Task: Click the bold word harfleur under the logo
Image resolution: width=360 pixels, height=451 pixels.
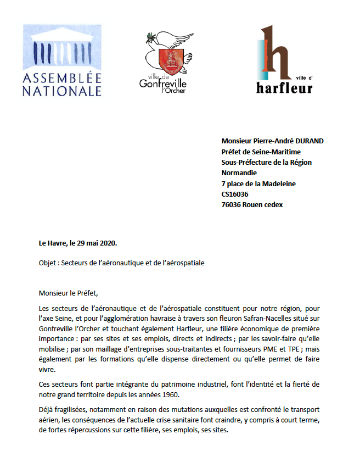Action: (x=284, y=87)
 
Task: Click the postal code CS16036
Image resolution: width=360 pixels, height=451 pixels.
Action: (x=235, y=194)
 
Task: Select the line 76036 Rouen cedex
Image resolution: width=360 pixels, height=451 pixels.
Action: (x=252, y=205)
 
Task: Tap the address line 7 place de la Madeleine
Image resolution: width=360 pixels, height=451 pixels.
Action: (x=258, y=183)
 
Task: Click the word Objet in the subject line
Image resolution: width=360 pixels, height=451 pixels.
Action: (x=48, y=263)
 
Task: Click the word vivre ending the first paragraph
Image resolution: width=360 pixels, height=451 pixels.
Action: (x=47, y=369)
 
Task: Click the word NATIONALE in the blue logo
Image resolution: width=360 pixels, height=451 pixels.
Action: (x=61, y=91)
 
